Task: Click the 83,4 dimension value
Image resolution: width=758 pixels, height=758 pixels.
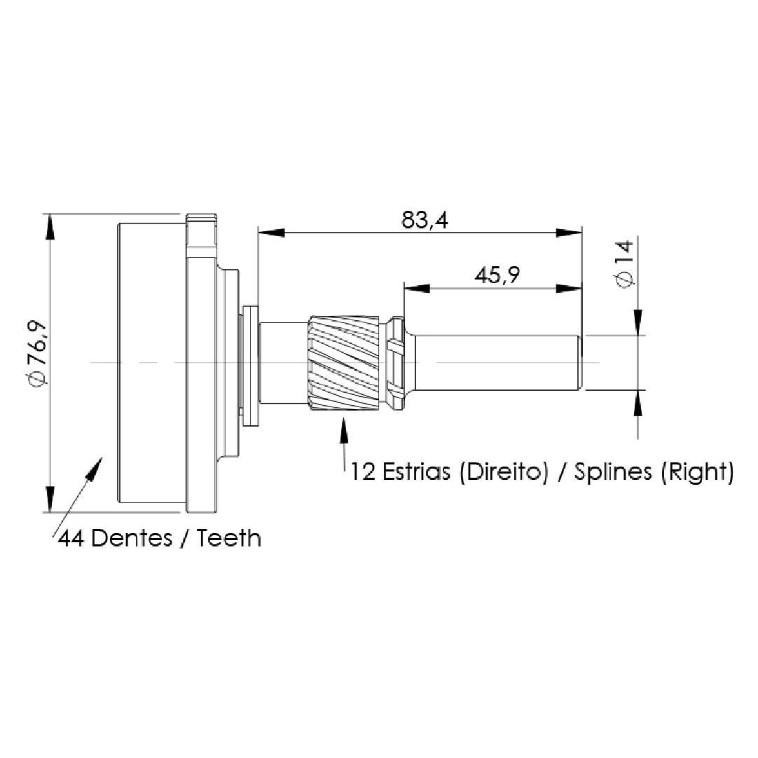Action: [425, 220]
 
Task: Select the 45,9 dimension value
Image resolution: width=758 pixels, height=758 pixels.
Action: [497, 275]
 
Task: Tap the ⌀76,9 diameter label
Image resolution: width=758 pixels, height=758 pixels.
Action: [38, 352]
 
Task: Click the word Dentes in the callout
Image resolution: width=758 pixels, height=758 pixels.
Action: [132, 538]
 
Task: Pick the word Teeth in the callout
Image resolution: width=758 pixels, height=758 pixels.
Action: [229, 538]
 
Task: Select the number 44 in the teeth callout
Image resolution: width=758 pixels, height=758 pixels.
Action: [72, 538]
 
